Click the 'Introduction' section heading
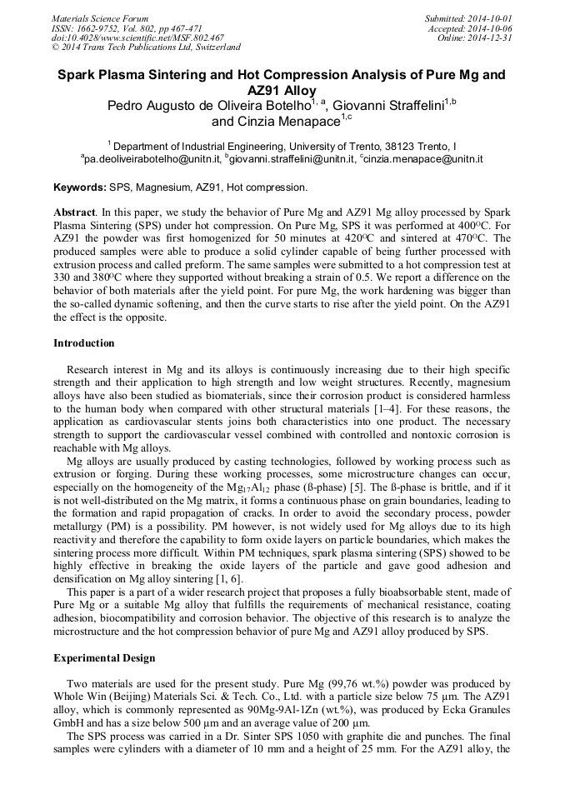[x=84, y=342]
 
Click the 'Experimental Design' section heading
[x=104, y=658]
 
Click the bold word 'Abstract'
[x=73, y=212]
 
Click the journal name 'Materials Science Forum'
[x=100, y=18]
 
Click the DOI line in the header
[x=137, y=37]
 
